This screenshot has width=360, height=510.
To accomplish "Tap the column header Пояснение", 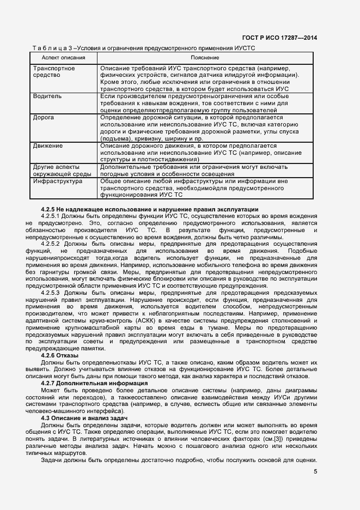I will pos(205,57).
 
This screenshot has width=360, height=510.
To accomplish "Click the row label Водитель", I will pos(47,96).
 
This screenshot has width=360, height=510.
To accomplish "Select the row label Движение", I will pos(48,146).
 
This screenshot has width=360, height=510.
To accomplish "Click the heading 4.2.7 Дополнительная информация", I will pos(94,384).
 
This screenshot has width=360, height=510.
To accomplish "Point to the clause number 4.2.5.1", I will pos(53,216).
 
